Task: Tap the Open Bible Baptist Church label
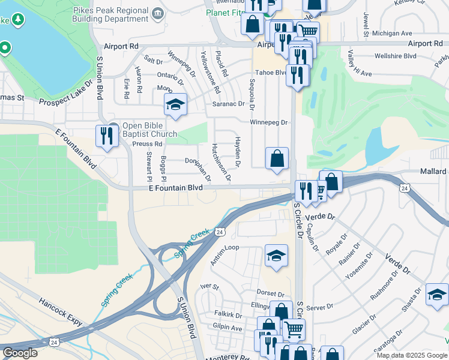(x=149, y=130)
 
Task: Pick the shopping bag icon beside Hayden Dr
(x=277, y=159)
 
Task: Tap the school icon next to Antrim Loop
(x=276, y=256)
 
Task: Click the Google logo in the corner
(x=20, y=353)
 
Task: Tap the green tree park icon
(x=19, y=20)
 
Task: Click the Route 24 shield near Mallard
(x=405, y=188)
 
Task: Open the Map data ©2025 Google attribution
(x=411, y=355)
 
